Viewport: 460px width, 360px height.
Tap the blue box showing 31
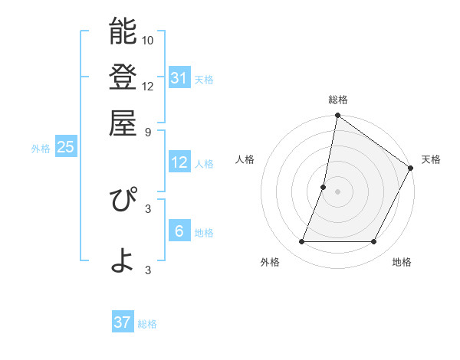[179, 77]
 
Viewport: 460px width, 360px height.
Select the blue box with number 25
[65, 147]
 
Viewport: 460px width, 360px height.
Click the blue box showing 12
[179, 162]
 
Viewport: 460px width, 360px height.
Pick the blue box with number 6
[179, 231]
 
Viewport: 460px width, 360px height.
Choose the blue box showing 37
[123, 322]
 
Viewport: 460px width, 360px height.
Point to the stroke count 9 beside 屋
[148, 131]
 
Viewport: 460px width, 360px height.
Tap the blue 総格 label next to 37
[147, 324]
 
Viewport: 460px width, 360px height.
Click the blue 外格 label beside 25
[41, 149]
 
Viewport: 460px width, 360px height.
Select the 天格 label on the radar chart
[431, 159]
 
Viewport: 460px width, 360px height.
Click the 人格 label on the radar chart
[245, 159]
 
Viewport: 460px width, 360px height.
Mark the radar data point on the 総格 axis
[337, 116]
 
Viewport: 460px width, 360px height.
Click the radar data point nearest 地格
[374, 242]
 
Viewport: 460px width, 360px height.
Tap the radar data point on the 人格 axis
[324, 187]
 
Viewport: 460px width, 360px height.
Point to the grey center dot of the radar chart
[337, 191]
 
